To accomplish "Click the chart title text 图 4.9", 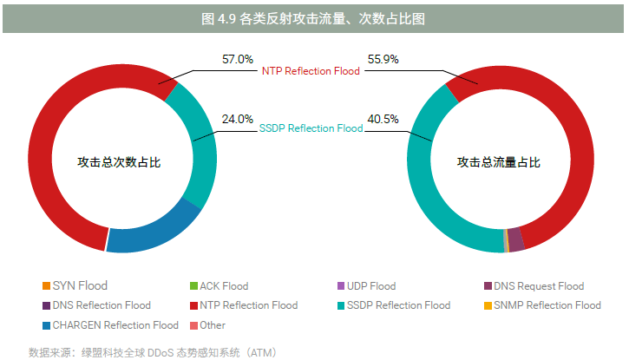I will click(314, 17).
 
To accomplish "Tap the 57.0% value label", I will click(238, 60).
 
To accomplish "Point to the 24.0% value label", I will click(238, 119).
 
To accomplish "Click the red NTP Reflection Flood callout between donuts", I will click(311, 70).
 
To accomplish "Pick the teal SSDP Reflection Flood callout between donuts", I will click(311, 128).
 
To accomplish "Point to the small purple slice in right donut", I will click(515, 239).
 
